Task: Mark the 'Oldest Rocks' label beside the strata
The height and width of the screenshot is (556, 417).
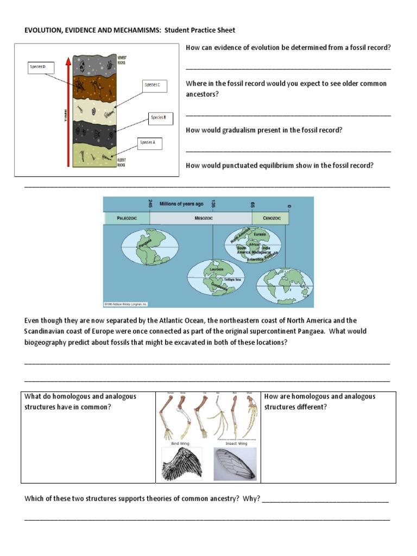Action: [x=123, y=161]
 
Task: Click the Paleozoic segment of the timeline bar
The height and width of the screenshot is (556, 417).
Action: [x=126, y=218]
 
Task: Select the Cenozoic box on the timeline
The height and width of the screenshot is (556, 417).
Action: [x=270, y=218]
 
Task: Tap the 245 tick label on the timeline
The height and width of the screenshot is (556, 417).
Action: [x=149, y=204]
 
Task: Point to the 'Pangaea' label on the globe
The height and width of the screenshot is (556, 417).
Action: [x=145, y=245]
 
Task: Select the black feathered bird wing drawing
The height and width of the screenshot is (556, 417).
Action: [x=181, y=464]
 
